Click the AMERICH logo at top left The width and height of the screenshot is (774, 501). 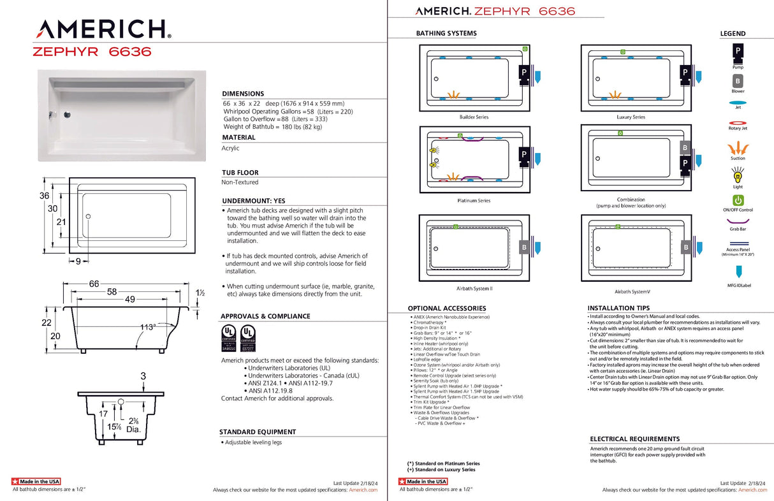click(103, 29)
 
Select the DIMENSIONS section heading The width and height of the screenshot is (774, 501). click(243, 94)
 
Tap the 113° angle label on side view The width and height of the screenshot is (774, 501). click(148, 327)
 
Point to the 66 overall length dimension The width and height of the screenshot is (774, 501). click(94, 284)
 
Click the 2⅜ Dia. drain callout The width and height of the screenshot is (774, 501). click(133, 425)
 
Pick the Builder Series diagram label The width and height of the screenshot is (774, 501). click(474, 117)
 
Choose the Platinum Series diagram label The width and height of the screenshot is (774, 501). click(474, 201)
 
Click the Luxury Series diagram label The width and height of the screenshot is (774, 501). click(631, 117)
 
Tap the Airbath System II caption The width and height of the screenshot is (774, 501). click(473, 289)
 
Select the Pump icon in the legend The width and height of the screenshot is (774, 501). click(738, 51)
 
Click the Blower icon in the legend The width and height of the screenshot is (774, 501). click(738, 81)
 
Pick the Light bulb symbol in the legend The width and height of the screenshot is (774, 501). click(738, 174)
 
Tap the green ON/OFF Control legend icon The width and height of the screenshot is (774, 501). click(738, 201)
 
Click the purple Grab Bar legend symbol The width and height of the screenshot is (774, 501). click(738, 221)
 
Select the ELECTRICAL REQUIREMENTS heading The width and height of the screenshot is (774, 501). click(634, 439)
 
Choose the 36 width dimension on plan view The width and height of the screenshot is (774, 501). click(44, 196)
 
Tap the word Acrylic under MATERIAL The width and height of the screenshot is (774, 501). click(231, 148)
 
